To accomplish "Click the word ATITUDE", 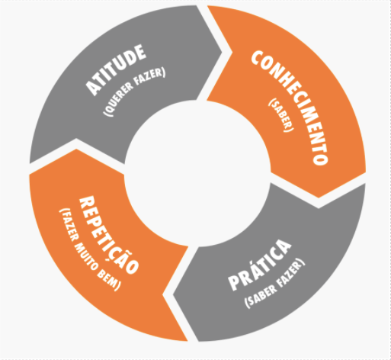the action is tap(116, 70).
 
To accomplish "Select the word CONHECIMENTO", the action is tap(290, 108).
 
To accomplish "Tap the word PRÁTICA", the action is tap(260, 265).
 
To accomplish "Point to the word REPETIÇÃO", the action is tap(110, 235).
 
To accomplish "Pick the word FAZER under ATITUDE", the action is tap(150, 76).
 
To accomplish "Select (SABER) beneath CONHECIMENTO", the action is tap(281, 115).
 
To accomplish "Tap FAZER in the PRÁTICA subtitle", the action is tap(291, 273).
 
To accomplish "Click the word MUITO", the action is tap(86, 256).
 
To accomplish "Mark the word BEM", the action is tap(108, 281).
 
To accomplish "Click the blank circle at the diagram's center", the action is tap(197, 173).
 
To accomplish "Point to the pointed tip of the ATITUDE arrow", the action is tap(222, 53).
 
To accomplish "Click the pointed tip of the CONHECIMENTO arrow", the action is tap(319, 198).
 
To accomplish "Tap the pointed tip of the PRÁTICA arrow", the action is tap(173, 295).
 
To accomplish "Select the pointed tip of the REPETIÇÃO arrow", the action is tap(76, 149).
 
